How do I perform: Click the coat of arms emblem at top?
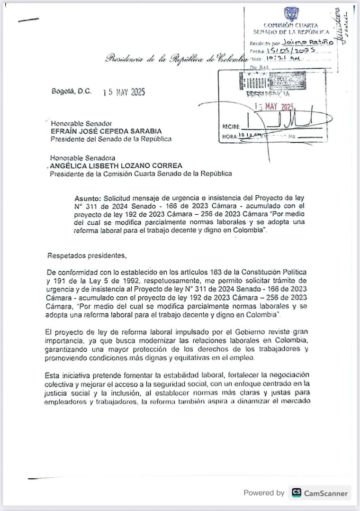(x=291, y=14)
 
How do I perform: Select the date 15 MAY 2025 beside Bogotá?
(x=124, y=92)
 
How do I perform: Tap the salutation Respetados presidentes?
(x=87, y=255)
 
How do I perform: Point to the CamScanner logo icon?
(x=297, y=493)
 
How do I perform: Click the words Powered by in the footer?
(x=264, y=493)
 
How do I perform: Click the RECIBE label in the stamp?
(x=231, y=127)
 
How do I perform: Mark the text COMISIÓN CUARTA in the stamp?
(x=291, y=25)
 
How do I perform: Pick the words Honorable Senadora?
(x=83, y=158)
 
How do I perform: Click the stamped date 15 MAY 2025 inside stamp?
(x=274, y=107)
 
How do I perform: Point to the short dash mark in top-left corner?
(x=28, y=20)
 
